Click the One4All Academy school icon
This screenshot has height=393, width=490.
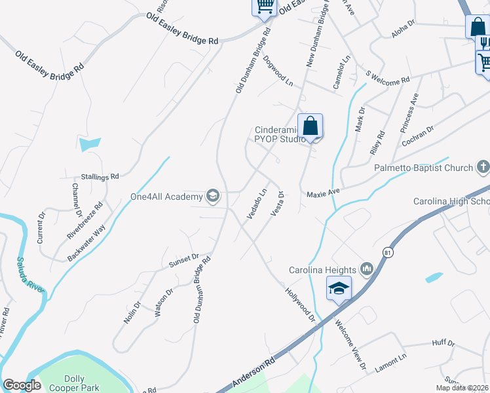click(x=212, y=195)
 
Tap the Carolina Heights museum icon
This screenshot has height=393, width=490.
click(x=366, y=270)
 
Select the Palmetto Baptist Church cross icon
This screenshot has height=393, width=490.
click(x=483, y=168)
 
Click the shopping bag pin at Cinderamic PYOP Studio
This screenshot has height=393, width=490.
click(x=311, y=126)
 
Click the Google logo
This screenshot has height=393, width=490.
click(x=22, y=385)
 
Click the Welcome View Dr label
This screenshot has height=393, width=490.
click(x=351, y=344)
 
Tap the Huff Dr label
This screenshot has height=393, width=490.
click(x=443, y=343)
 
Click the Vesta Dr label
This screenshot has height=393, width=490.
click(x=276, y=205)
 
